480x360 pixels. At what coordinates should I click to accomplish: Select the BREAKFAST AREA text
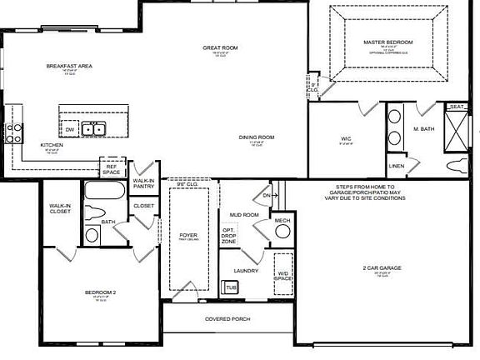coord(68,66)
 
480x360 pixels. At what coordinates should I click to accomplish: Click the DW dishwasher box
coord(70,129)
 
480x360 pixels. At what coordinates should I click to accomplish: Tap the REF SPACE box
coord(112,168)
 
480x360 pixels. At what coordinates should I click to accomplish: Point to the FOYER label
coord(188,236)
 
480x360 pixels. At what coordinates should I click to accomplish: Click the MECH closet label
coord(282,222)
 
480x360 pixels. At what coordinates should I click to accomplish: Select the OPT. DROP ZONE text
coord(228,236)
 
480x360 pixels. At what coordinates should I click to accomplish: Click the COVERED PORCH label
coord(227,319)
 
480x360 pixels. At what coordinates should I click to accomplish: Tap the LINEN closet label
coord(397,166)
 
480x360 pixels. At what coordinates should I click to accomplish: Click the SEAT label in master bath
coord(457,107)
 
